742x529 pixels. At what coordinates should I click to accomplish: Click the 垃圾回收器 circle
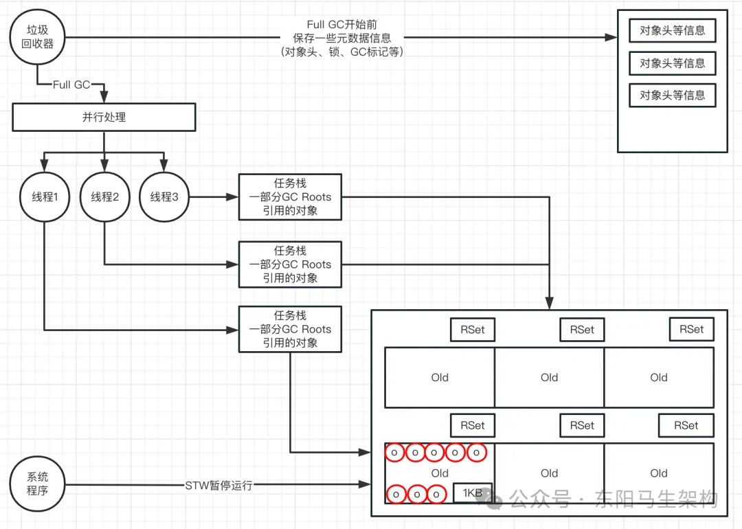pos(37,37)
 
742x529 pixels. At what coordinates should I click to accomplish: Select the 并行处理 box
pos(104,117)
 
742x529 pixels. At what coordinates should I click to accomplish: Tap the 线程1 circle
pos(45,197)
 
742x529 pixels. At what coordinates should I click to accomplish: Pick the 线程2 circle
pos(104,197)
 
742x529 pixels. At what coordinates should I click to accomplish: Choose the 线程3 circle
pos(164,197)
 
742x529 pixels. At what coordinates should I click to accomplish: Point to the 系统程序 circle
pos(37,484)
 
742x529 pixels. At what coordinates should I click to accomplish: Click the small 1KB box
pos(473,493)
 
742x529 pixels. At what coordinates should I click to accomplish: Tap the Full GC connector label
pos(71,85)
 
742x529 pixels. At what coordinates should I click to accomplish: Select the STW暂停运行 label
pos(218,486)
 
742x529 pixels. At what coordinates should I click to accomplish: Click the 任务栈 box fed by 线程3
pos(290,197)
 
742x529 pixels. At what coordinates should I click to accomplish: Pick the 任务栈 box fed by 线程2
pos(290,264)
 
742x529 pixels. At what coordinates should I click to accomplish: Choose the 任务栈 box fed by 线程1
pos(290,329)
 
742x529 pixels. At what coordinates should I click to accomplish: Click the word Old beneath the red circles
pos(440,473)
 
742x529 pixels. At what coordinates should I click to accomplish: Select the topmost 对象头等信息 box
pos(673,31)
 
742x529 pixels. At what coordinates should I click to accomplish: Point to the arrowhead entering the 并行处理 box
pos(104,98)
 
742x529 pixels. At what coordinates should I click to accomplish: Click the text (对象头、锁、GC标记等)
pos(342,52)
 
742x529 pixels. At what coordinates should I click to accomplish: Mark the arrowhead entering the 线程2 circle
pos(104,166)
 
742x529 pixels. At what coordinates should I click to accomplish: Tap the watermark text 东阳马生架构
pos(656,499)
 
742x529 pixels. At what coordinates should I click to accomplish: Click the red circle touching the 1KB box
pos(436,495)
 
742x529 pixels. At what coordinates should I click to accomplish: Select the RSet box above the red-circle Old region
pos(473,425)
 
